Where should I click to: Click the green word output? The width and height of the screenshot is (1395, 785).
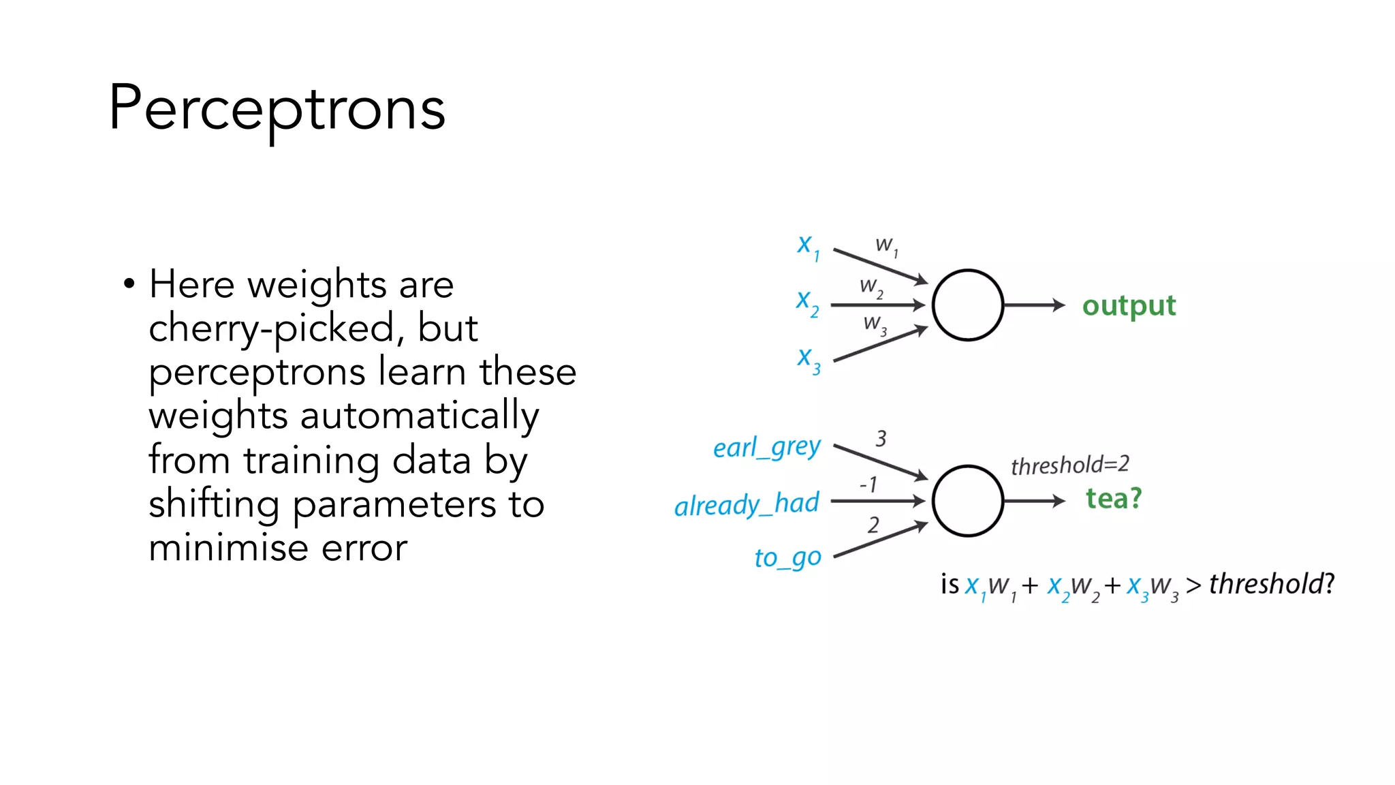tap(1129, 306)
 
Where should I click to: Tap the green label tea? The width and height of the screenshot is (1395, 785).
tap(1113, 499)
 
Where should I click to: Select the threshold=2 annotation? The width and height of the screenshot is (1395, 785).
tap(1069, 465)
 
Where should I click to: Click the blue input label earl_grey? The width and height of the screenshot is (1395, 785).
tap(766, 448)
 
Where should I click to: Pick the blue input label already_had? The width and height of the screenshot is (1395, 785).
tap(747, 504)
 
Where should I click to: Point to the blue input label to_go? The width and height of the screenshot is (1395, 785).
tap(787, 558)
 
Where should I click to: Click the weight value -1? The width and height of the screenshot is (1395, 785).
tap(868, 484)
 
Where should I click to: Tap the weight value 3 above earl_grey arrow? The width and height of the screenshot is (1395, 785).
tap(881, 438)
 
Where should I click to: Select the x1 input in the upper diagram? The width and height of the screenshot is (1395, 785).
tap(808, 246)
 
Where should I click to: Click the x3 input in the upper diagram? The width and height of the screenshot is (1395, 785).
tap(809, 359)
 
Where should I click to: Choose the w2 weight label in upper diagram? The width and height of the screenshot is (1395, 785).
tap(871, 287)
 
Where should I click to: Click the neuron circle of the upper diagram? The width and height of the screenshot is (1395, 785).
tap(967, 305)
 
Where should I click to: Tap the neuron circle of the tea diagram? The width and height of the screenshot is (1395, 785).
tap(967, 501)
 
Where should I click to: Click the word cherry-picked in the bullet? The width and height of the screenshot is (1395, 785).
tap(271, 328)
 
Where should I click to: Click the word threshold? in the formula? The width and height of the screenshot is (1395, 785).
tap(1271, 585)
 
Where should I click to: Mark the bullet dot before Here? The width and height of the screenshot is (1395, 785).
tap(129, 283)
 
